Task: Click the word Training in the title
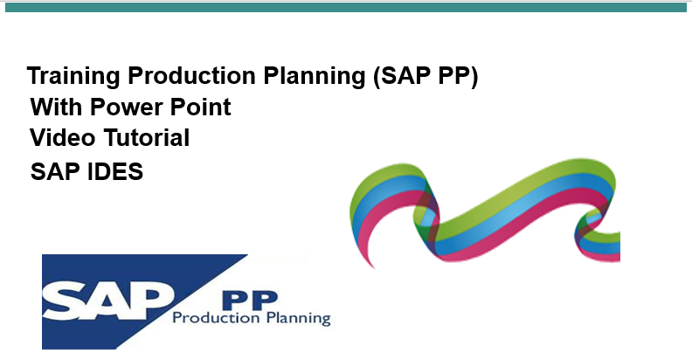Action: point(73,76)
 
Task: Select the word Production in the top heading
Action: point(191,75)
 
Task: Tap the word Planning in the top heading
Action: point(315,76)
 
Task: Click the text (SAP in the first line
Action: point(402,76)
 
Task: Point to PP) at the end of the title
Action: point(458,76)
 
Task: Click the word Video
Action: point(63,137)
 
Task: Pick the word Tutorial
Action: point(147,137)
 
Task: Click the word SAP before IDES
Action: point(55,171)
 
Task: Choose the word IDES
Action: point(115,171)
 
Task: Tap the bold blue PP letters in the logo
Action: point(250,301)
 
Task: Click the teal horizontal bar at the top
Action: point(346,7)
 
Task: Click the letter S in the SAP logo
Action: point(65,302)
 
